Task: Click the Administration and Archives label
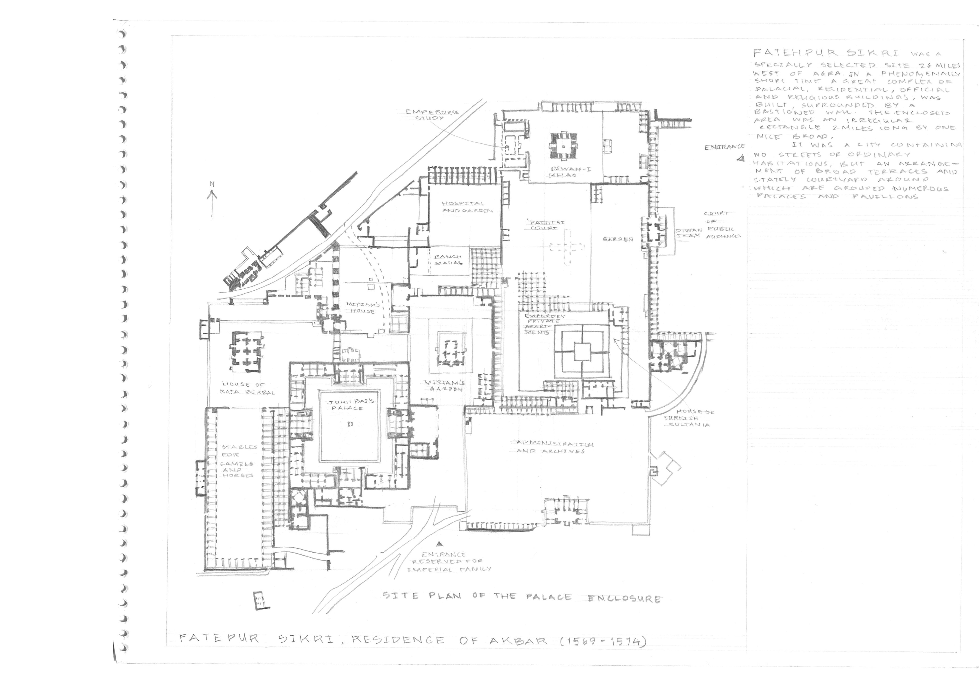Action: pyautogui.click(x=554, y=447)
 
